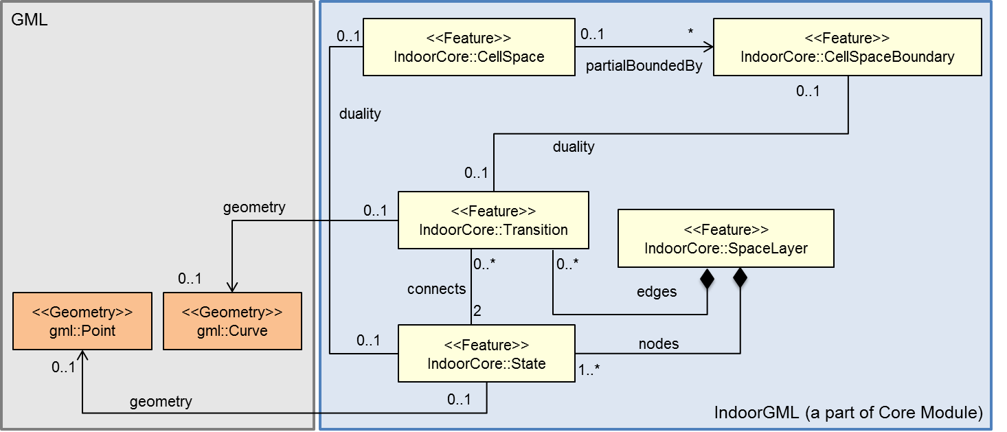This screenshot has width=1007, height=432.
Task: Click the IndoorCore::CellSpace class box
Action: (x=468, y=47)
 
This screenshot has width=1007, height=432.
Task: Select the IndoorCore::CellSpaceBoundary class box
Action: (x=847, y=47)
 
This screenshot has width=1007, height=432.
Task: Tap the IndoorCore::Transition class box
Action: (x=493, y=220)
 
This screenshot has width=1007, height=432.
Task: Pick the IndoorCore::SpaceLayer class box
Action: (x=725, y=238)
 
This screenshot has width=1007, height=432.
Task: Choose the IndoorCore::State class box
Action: (x=486, y=354)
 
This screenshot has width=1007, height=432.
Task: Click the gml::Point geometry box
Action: (x=82, y=321)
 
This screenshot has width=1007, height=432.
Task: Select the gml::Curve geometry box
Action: (x=232, y=321)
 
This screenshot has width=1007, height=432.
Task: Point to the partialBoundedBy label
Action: (x=644, y=67)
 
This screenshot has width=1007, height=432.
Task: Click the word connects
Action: (x=436, y=289)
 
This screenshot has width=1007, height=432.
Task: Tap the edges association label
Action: (x=657, y=292)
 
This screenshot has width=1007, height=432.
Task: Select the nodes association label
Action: (x=659, y=344)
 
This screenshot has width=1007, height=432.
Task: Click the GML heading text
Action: (x=30, y=19)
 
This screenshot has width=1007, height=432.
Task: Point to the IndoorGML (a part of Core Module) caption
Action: (x=848, y=413)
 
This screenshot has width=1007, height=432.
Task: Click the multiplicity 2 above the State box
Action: (x=477, y=311)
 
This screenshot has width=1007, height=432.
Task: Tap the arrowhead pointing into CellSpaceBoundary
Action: (x=707, y=47)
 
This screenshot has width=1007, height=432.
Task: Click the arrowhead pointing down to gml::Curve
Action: (x=232, y=287)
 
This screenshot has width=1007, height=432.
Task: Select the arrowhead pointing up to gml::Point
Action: (x=82, y=355)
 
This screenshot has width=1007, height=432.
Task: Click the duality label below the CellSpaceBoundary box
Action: (x=573, y=146)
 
